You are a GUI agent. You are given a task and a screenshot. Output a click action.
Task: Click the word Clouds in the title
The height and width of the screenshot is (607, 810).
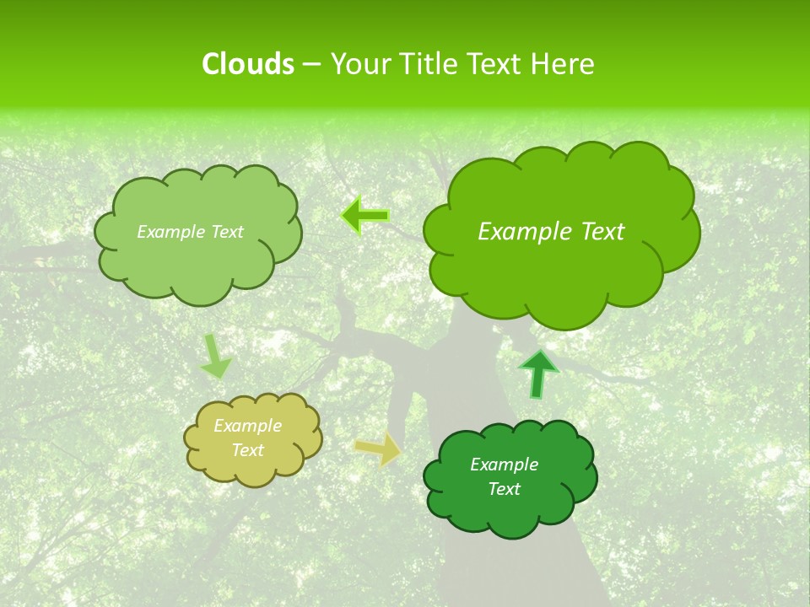[x=247, y=64]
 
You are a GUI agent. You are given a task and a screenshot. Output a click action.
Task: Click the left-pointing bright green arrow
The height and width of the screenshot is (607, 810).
[x=364, y=216]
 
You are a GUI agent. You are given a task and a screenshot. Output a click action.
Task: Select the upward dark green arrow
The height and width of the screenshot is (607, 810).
[x=538, y=373]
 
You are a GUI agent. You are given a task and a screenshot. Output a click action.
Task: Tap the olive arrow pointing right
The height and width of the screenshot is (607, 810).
[x=378, y=449]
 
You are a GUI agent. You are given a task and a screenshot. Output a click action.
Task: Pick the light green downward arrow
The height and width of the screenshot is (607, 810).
[x=216, y=357]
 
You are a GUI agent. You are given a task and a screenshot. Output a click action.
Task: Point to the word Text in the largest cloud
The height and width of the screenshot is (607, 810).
[x=602, y=232]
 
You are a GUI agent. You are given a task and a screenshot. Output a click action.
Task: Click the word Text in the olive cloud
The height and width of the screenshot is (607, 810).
[x=248, y=450]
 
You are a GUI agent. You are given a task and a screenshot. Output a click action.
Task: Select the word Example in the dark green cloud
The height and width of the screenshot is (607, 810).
[x=504, y=465]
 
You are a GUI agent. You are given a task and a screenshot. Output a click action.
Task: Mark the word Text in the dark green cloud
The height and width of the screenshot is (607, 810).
[x=504, y=489]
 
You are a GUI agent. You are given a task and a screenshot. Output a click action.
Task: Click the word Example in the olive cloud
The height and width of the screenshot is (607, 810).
[x=248, y=426]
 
